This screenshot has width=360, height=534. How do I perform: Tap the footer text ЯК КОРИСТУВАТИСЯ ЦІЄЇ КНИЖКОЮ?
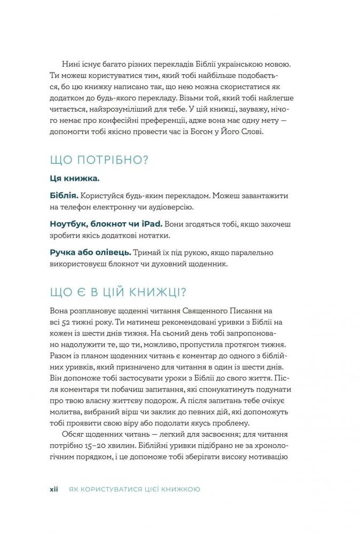131,489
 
